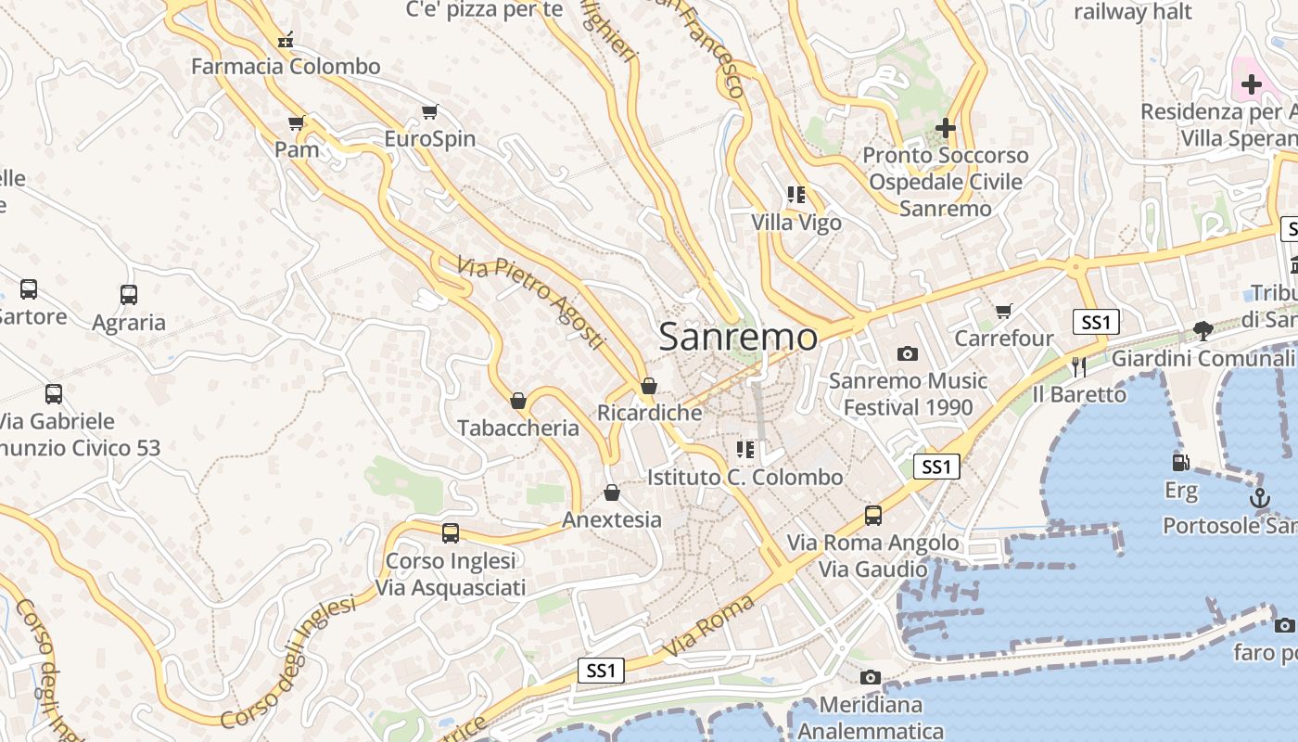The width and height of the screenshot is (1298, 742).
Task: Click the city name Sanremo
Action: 738,337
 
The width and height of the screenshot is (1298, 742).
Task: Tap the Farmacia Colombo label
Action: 286,66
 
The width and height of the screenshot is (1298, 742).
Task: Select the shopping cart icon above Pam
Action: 297,122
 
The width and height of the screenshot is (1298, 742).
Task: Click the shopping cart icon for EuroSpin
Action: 429,112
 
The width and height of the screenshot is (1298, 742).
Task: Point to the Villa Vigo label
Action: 796,223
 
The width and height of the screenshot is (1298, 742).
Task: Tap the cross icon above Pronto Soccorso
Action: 945,128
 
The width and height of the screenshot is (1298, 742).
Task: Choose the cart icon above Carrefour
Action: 1004,311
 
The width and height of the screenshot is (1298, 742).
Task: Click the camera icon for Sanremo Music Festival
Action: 908,353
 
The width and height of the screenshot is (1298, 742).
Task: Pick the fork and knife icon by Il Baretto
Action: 1078,367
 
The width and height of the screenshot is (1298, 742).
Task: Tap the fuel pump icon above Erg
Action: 1180,462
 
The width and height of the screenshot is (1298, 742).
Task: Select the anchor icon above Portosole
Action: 1259,498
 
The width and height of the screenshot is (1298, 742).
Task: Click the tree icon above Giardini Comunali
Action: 1203,330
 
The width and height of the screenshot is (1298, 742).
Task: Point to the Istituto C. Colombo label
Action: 745,477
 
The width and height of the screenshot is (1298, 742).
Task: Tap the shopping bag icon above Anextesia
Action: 611,492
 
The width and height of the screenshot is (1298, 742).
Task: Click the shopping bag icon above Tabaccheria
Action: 518,401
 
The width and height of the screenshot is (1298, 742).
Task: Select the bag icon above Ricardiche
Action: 649,386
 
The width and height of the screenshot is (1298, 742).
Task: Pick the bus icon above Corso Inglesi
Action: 451,533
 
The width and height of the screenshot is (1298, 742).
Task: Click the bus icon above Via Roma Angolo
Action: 873,516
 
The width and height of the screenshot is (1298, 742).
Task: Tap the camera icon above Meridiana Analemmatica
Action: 870,678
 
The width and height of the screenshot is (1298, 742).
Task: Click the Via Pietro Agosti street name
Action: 530,302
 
